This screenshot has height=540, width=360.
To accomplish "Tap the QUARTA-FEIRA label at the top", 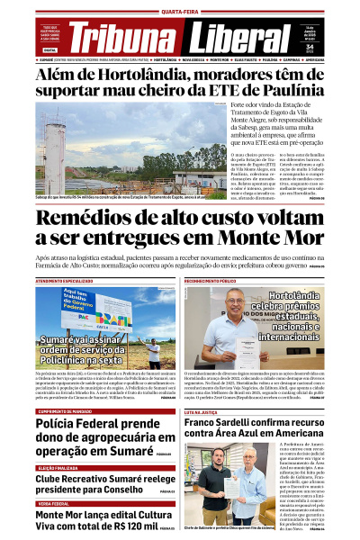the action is click(180, 12).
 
